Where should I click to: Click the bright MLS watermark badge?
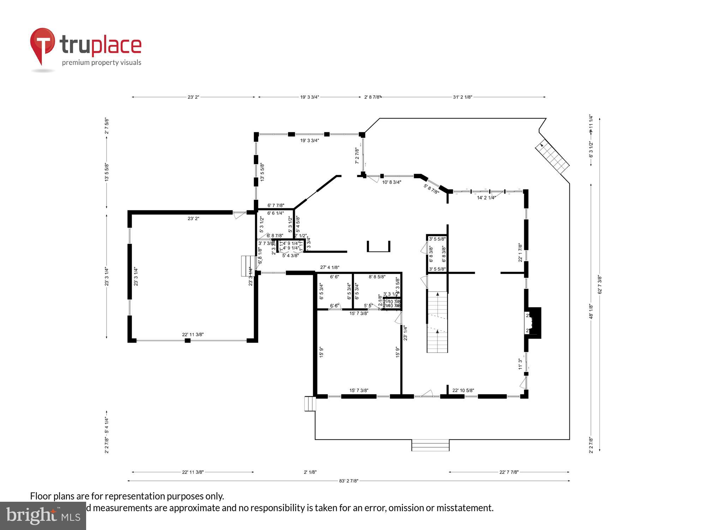click(x=43, y=516)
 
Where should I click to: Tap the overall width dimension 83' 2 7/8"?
click(x=348, y=481)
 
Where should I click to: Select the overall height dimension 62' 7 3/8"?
click(x=599, y=284)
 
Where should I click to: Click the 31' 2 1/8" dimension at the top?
click(x=462, y=97)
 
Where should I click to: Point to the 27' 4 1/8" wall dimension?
click(x=330, y=267)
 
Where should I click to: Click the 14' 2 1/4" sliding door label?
click(x=486, y=198)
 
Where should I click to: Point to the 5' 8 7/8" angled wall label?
click(x=431, y=189)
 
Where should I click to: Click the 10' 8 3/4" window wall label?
click(x=391, y=182)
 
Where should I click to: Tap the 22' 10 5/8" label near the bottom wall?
click(x=463, y=390)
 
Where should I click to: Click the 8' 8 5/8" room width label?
click(x=377, y=277)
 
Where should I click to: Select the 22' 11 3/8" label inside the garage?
click(x=193, y=335)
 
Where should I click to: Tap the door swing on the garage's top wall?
click(x=239, y=214)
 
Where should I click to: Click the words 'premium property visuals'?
click(x=102, y=63)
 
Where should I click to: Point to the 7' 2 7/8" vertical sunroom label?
click(x=357, y=156)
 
